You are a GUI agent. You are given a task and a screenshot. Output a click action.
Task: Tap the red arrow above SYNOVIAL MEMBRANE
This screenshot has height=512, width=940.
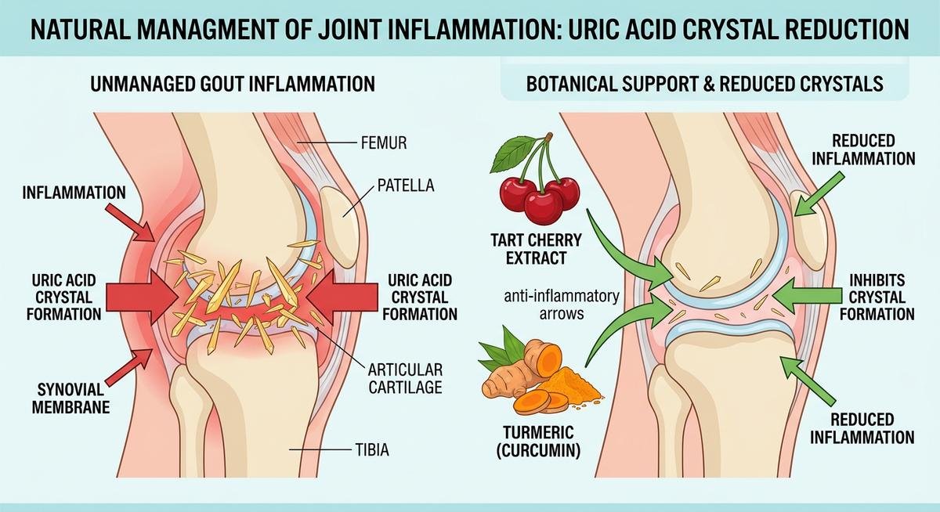tap(130, 367)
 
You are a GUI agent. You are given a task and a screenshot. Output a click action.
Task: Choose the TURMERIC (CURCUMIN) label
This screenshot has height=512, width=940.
tap(540, 441)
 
